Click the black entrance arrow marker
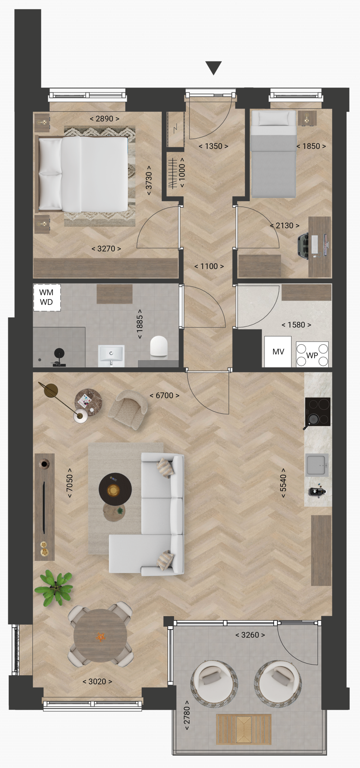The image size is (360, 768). [213, 67]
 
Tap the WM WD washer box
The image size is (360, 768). [47, 297]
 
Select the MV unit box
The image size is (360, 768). [278, 352]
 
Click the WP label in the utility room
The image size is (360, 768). [312, 355]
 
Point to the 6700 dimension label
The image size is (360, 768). [164, 395]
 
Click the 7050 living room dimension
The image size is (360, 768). [70, 483]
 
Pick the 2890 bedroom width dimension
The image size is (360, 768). [104, 119]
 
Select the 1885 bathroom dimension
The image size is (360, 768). [139, 324]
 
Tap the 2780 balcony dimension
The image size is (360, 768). [187, 715]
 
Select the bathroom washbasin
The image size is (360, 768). [111, 355]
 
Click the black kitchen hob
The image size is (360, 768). [317, 412]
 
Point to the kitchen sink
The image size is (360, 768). [317, 465]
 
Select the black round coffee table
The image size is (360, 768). [115, 489]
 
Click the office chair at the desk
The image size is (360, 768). [304, 245]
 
